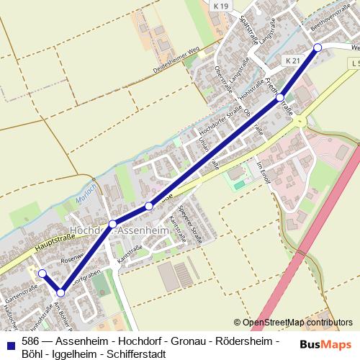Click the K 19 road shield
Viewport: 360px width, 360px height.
coord(221,6)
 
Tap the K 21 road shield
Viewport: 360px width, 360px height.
coord(292,62)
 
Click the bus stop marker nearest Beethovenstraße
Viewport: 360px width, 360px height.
coord(318,48)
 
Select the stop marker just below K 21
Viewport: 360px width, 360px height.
coord(280,96)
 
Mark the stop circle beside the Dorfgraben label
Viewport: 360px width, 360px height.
coord(61,292)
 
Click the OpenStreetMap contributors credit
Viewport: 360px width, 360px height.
coord(297,323)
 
